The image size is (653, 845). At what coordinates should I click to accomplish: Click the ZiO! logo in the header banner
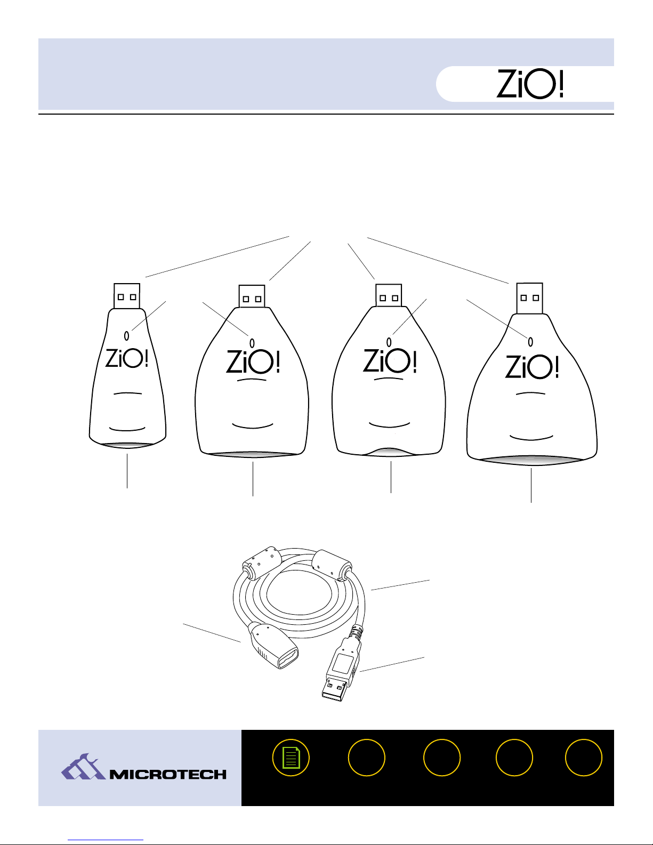pyautogui.click(x=529, y=84)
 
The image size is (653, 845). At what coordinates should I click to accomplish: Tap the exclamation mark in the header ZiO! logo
pyautogui.click(x=560, y=84)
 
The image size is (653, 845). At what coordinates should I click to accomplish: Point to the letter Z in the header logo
pyautogui.click(x=506, y=84)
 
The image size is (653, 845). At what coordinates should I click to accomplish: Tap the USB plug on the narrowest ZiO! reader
pyautogui.click(x=127, y=296)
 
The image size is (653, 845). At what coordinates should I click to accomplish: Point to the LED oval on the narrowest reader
pyautogui.click(x=126, y=335)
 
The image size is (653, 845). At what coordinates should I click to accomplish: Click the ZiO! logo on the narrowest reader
pyautogui.click(x=127, y=358)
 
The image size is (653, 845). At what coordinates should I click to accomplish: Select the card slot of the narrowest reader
pyautogui.click(x=127, y=445)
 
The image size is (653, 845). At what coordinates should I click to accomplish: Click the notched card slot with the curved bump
pyautogui.click(x=389, y=452)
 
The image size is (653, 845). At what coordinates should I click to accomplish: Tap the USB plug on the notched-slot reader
pyautogui.click(x=389, y=295)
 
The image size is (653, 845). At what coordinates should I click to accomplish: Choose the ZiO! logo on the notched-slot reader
pyautogui.click(x=390, y=360)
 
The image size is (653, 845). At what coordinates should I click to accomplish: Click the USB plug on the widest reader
pyautogui.click(x=529, y=298)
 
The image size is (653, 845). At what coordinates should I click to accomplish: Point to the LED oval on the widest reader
pyautogui.click(x=530, y=342)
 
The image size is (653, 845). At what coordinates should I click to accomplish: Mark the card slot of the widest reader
pyautogui.click(x=531, y=460)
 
